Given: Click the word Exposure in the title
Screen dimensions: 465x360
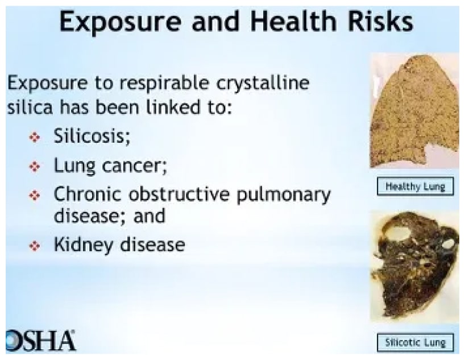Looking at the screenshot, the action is point(121,22).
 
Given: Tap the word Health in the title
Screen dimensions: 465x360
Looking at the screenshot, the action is point(293,21).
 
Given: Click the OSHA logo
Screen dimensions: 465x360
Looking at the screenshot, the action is point(40,341).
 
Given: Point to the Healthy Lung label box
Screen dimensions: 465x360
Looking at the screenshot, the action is point(415,187).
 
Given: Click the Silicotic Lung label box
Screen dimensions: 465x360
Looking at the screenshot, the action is point(415,343).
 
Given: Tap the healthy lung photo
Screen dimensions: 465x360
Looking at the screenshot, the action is point(414,111).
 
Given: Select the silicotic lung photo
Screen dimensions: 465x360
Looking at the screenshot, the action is point(414,266).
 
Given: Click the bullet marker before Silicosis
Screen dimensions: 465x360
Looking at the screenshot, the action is point(35,138).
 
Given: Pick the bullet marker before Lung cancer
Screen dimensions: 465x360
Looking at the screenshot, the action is point(35,167).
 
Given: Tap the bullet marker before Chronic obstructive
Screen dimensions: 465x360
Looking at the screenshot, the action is point(35,196).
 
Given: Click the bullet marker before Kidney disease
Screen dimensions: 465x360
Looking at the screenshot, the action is point(35,246).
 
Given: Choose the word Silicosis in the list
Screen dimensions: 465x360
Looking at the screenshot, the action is point(92,135).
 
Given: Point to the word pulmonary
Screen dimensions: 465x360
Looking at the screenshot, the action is point(284,196).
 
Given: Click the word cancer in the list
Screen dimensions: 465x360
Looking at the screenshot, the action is point(134,166).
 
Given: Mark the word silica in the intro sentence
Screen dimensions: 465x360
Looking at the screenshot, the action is point(30,107).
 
